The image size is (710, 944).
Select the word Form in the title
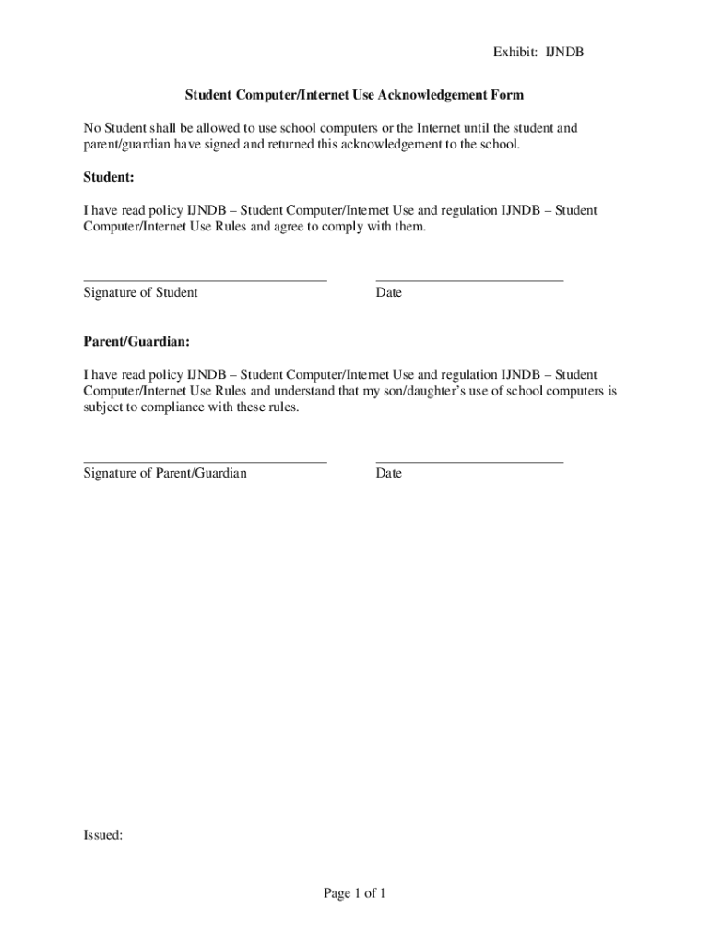(508, 95)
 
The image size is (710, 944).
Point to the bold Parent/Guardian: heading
(136, 341)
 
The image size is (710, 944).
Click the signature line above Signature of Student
(205, 279)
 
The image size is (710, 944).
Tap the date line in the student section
(469, 279)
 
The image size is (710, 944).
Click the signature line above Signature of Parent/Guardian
(205, 460)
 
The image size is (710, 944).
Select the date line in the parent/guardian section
(469, 460)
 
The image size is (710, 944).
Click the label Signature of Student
(140, 293)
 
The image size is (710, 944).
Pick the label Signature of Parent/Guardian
(165, 474)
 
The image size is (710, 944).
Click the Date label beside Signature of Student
(389, 293)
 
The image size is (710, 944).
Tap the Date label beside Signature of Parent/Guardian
(389, 474)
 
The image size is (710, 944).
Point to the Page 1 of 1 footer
(354, 892)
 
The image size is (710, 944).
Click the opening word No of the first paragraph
(91, 128)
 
